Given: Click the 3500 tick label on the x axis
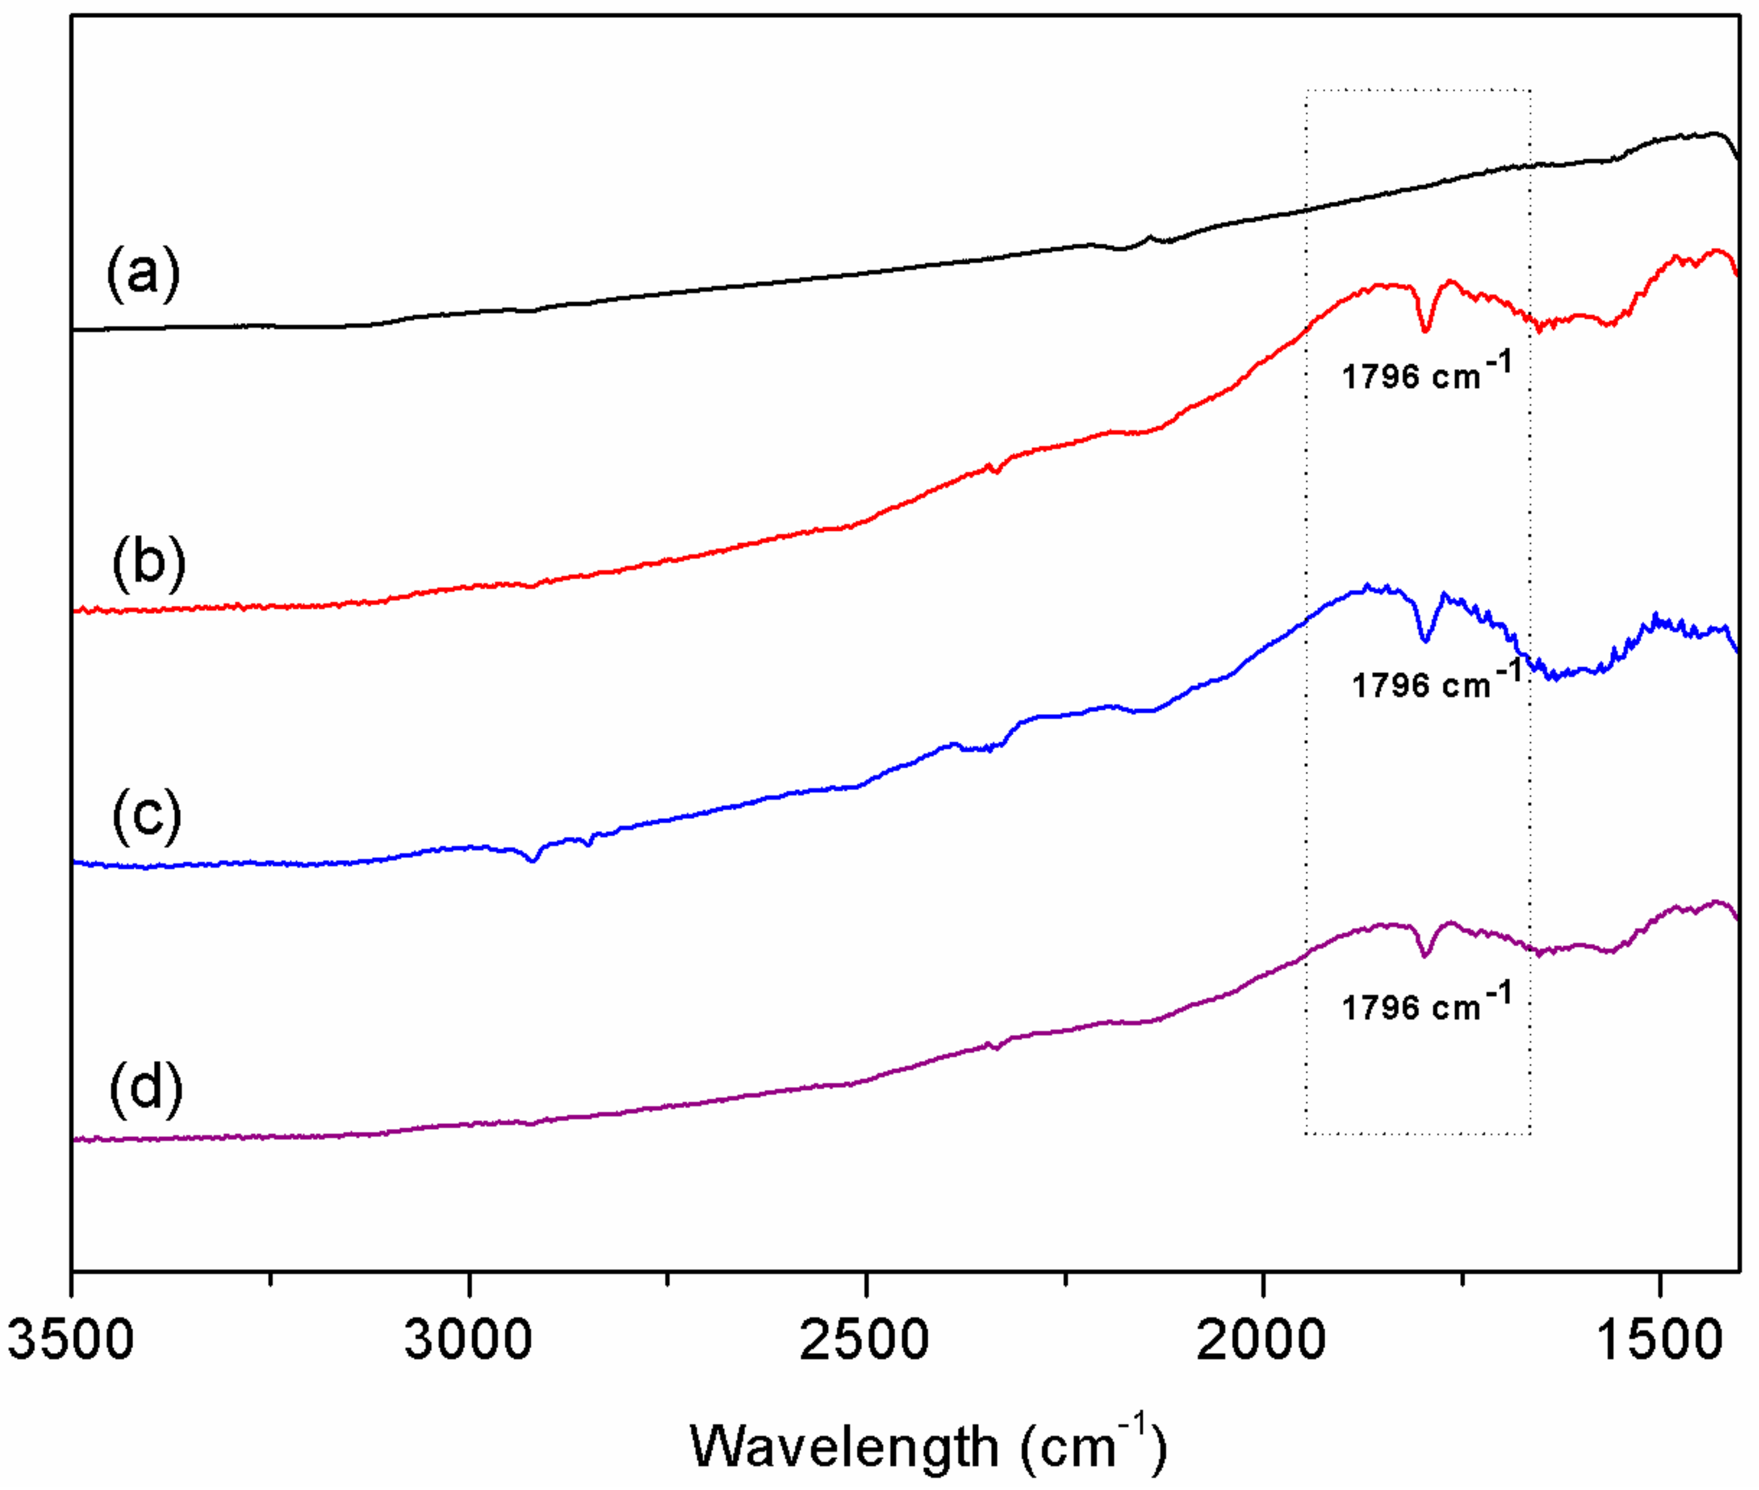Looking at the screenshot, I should pos(71,1340).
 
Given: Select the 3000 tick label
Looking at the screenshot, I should pos(469,1340).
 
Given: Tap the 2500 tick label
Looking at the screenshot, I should pos(865,1340).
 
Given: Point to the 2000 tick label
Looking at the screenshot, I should pos(1262,1340).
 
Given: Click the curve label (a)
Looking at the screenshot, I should pos(143,273).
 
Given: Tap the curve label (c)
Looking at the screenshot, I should pos(147,815).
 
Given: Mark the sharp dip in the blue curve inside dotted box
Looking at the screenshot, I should pos(1425,640).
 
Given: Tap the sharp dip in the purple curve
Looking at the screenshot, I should pos(1425,955).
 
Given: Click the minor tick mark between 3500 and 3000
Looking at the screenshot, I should pos(270,1280).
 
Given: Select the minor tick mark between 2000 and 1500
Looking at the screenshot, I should pos(1462,1280).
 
